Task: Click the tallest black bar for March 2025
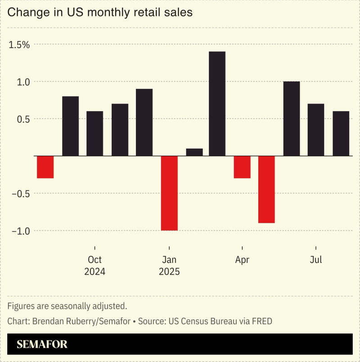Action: [x=217, y=104]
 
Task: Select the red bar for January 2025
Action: [x=169, y=193]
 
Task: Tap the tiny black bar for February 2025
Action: [x=194, y=152]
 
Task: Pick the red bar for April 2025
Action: [x=242, y=167]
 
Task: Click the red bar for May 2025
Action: [x=266, y=190]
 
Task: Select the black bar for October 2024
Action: [x=94, y=133]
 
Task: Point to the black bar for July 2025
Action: [x=315, y=130]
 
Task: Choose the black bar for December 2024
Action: [x=144, y=122]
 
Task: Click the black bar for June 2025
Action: [x=291, y=119]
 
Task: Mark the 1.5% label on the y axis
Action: [x=19, y=45]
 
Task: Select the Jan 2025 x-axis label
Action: [x=169, y=266]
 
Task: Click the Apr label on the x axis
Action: [x=242, y=260]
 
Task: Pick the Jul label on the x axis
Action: [x=316, y=260]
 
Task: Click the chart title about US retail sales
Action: [x=100, y=12]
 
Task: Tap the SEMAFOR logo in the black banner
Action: [x=42, y=344]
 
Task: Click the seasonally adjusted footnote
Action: [x=67, y=306]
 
